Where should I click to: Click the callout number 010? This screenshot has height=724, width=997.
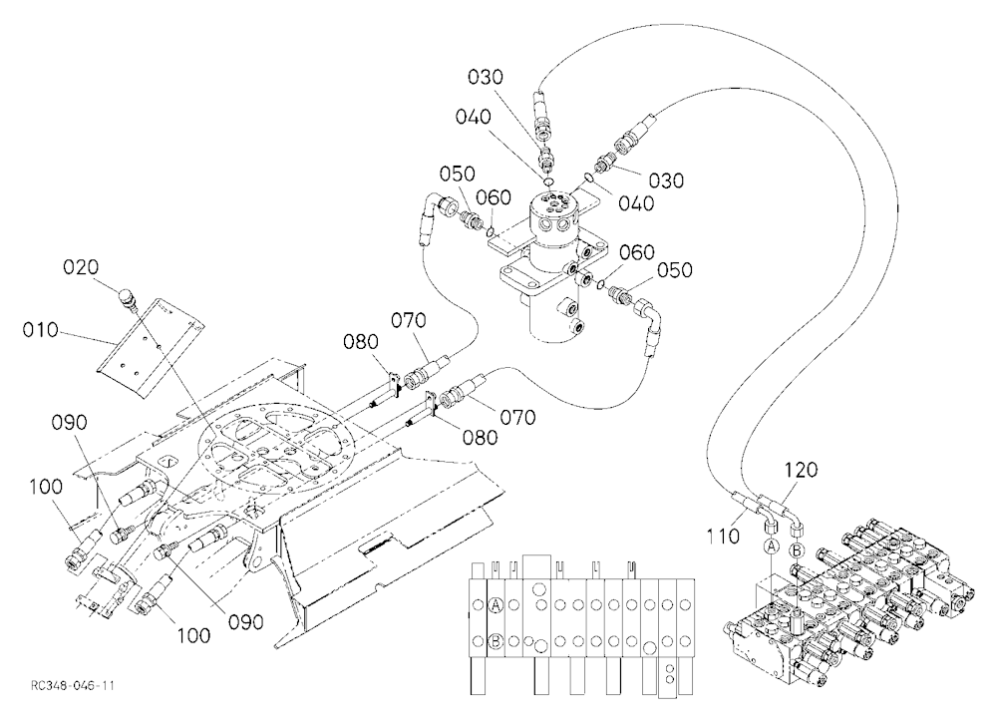(40, 330)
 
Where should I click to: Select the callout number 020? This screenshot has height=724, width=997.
(81, 267)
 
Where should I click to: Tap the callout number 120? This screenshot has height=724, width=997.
(801, 470)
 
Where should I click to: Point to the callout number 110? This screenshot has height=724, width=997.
(723, 537)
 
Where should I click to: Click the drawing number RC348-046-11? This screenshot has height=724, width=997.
(73, 685)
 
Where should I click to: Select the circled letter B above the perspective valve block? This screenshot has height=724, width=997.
(797, 549)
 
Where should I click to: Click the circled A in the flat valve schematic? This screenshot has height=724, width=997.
(496, 605)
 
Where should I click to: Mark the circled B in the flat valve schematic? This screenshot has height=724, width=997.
(496, 641)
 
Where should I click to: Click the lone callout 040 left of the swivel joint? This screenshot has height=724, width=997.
(474, 117)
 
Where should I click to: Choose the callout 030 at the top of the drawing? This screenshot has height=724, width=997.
(486, 77)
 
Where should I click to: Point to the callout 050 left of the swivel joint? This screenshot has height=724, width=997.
(458, 174)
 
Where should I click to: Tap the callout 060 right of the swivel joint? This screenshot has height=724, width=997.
(637, 252)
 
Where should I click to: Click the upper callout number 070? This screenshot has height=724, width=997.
(408, 320)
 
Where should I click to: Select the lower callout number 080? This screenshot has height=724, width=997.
(480, 438)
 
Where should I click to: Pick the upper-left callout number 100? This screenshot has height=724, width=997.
(46, 487)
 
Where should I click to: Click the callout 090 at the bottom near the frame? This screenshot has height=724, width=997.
(246, 621)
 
